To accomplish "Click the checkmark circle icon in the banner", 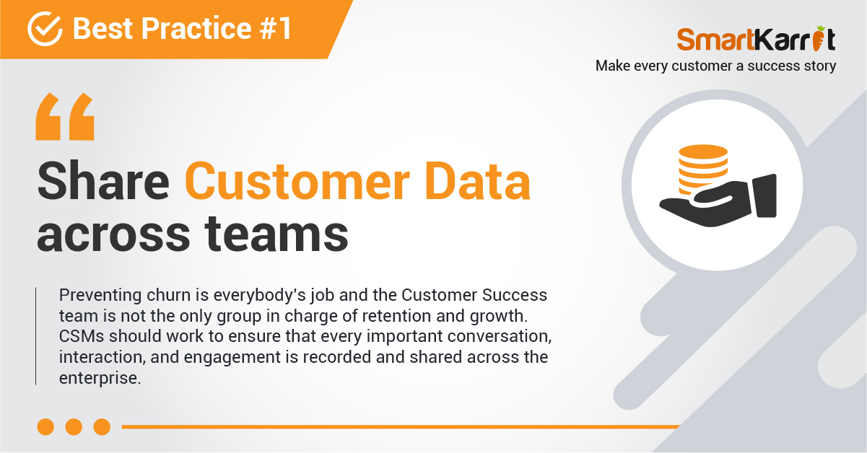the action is click(45, 29).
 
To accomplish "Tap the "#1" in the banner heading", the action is click(276, 28).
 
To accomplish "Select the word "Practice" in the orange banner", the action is click(196, 28).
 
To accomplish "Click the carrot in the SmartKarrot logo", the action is click(819, 38).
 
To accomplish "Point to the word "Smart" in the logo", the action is click(715, 39).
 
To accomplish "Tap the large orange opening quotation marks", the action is click(65, 116).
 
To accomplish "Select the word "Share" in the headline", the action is click(103, 181).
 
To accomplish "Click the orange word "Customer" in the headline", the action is click(297, 181).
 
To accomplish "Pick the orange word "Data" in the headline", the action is click(478, 181).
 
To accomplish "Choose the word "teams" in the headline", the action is click(276, 234).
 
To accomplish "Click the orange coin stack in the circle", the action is click(702, 169).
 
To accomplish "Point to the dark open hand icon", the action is click(718, 201).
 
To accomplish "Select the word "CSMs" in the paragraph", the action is click(82, 336).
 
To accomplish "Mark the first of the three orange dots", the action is click(45, 427).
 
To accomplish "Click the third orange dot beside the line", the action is click(102, 427).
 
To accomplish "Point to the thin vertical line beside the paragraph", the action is click(35, 336).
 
